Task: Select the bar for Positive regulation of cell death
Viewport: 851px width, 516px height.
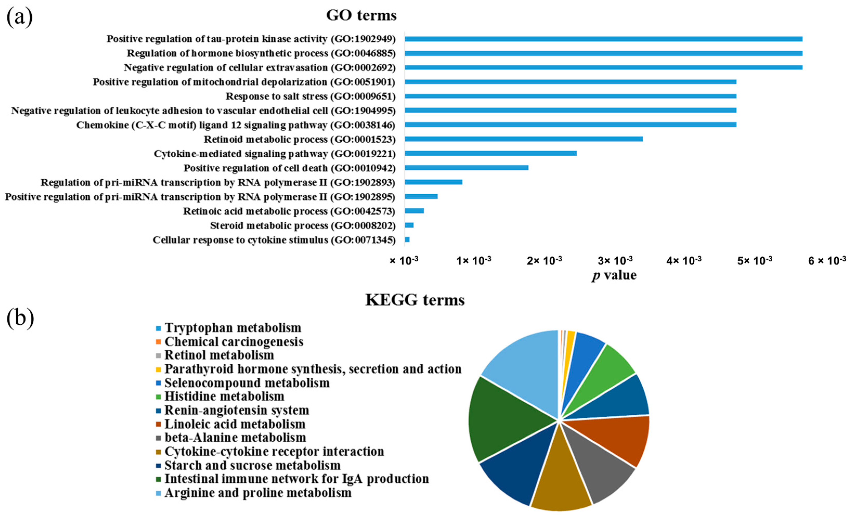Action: (466, 168)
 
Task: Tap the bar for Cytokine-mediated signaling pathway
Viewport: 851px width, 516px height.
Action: (490, 153)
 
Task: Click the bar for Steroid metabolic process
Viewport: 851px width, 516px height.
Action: (409, 225)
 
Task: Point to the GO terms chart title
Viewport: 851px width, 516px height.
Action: (361, 16)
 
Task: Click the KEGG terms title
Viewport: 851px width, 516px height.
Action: (415, 300)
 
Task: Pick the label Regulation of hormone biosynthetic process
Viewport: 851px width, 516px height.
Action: (261, 53)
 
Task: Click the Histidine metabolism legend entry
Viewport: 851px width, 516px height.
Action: (224, 396)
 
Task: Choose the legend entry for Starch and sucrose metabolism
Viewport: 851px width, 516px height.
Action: (252, 465)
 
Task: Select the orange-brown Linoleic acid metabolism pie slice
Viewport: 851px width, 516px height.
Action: (622, 438)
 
